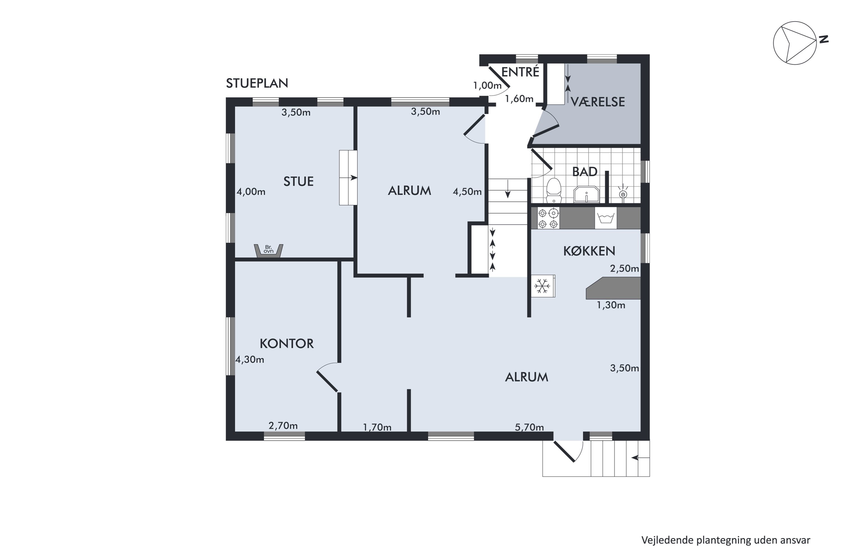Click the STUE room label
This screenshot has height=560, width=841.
tap(298, 181)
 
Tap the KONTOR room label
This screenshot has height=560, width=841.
tap(287, 344)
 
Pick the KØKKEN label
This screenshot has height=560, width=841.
tap(589, 251)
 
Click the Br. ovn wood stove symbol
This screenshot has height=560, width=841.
tap(269, 250)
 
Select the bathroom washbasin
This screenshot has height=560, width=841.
tap(586, 194)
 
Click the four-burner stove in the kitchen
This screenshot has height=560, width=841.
tap(548, 218)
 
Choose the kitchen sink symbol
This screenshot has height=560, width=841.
tap(606, 218)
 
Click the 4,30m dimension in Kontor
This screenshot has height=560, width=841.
tap(249, 360)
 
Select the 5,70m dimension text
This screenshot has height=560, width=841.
tap(529, 427)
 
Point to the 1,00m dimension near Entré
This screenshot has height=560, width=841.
tap(487, 86)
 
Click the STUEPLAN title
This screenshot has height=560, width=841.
tap(257, 83)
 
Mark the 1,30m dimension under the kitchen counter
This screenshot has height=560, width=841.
tap(611, 305)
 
